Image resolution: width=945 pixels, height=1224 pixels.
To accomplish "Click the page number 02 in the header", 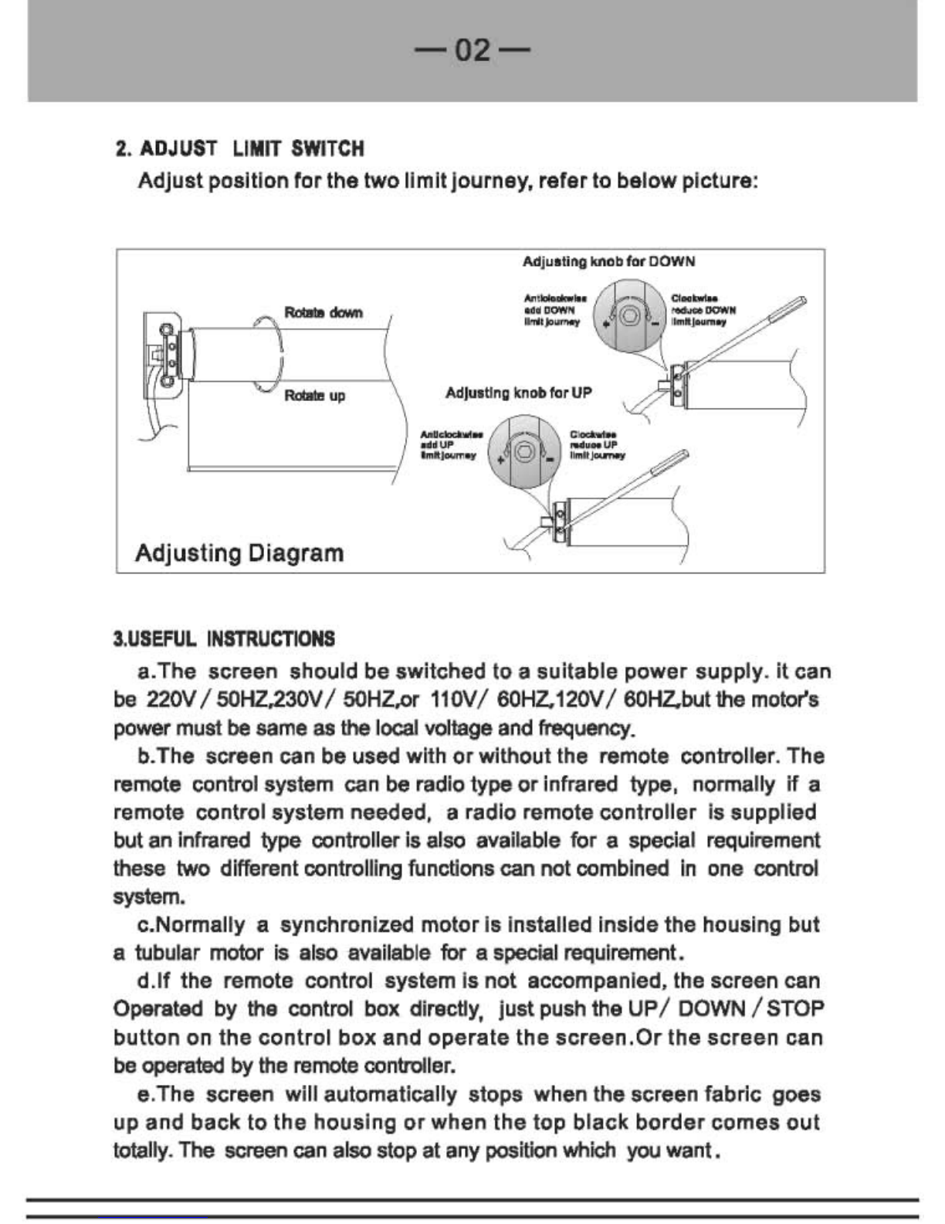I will pyautogui.click(x=472, y=51).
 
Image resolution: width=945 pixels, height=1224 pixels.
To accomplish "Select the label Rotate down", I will pyautogui.click(x=323, y=313).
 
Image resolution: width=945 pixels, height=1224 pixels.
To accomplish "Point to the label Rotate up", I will pyautogui.click(x=314, y=396).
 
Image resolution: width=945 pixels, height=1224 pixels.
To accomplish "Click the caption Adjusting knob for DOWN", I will pyautogui.click(x=608, y=262).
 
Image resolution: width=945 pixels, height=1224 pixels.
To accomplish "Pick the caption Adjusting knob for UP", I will pyautogui.click(x=518, y=393).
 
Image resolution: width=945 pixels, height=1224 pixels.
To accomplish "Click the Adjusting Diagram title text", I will pyautogui.click(x=239, y=553).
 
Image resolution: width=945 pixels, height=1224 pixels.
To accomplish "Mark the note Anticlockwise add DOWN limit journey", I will pyautogui.click(x=554, y=310).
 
